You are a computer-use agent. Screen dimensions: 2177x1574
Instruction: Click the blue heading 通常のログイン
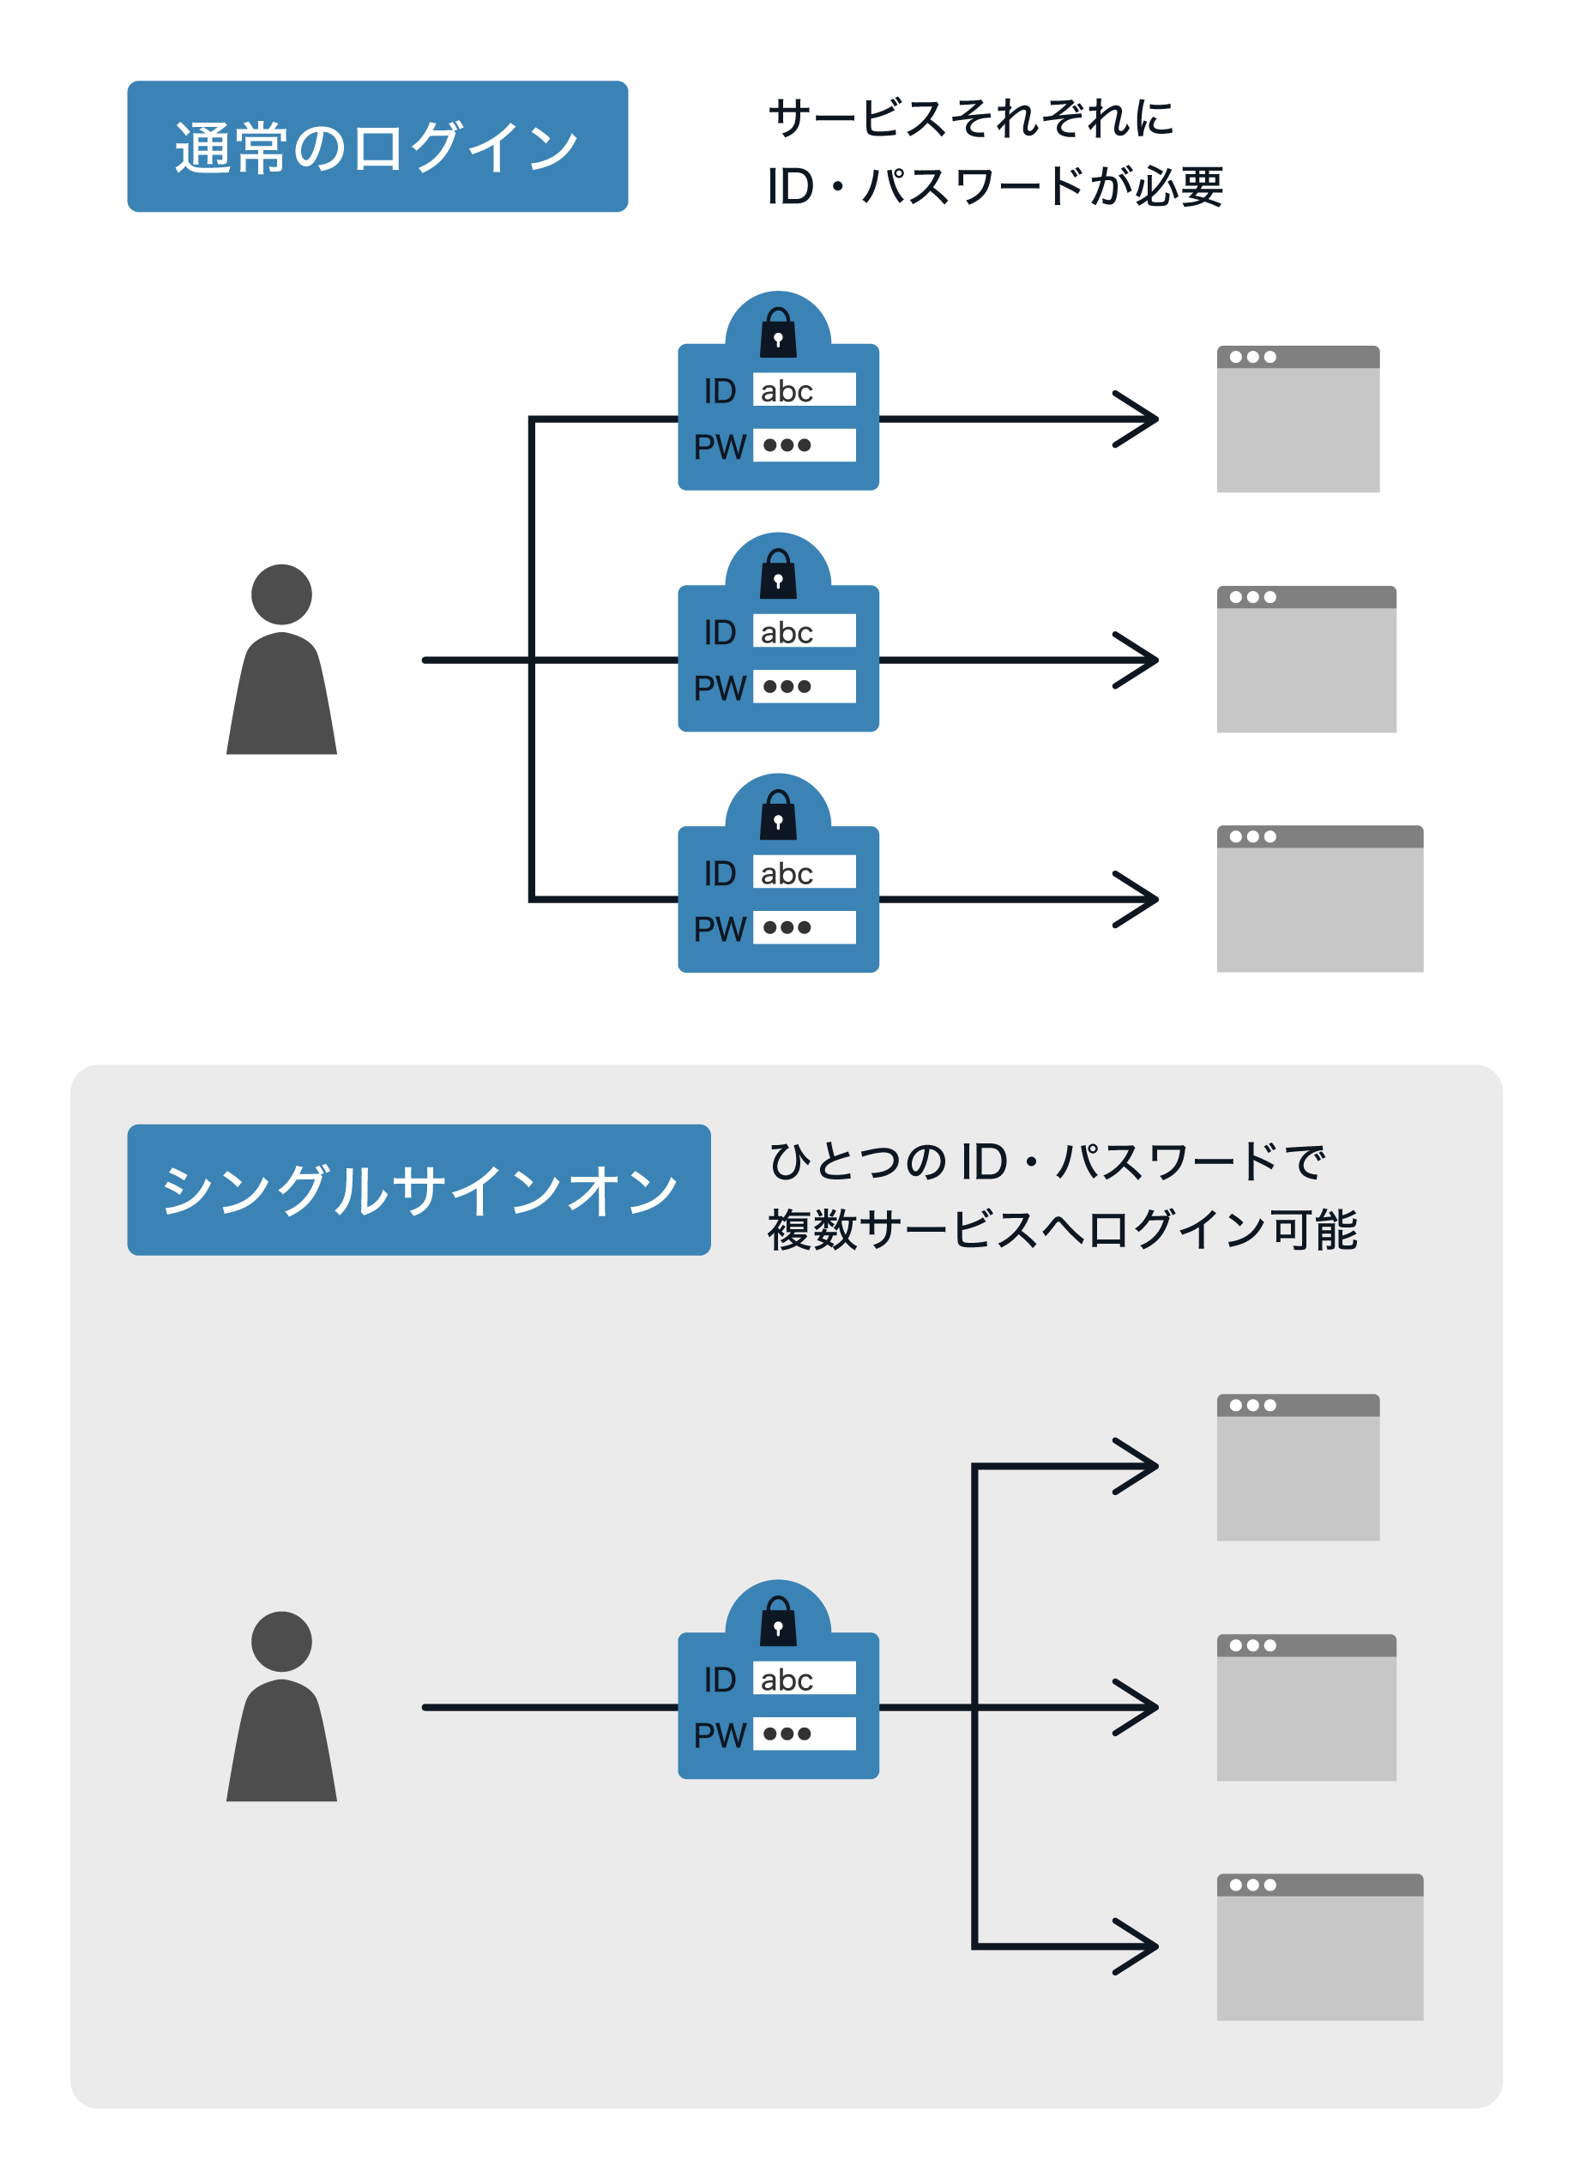click(x=377, y=147)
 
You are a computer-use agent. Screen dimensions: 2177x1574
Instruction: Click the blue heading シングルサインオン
click(x=419, y=1191)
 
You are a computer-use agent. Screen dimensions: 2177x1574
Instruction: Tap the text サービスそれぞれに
click(x=971, y=118)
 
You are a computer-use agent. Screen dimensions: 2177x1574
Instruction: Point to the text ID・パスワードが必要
click(x=994, y=186)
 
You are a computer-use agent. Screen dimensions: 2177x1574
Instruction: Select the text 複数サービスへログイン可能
click(x=1063, y=1230)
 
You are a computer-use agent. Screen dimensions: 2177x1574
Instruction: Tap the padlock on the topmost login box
click(x=778, y=332)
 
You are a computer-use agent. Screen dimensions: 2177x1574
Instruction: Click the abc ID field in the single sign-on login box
click(x=804, y=1679)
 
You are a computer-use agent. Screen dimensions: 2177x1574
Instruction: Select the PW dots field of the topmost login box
click(x=804, y=445)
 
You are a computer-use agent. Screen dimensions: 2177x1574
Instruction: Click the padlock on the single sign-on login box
click(x=778, y=1621)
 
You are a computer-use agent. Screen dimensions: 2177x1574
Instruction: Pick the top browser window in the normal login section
click(x=1298, y=419)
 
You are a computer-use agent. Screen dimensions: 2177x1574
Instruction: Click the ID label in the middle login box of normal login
click(x=719, y=632)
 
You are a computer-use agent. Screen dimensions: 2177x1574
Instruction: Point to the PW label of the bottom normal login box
click(x=719, y=929)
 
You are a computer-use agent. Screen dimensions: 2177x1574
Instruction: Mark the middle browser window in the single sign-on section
click(x=1306, y=1708)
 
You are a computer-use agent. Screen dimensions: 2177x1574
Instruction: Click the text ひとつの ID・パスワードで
click(x=1046, y=1161)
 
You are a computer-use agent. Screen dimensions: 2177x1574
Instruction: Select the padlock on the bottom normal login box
click(x=778, y=815)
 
